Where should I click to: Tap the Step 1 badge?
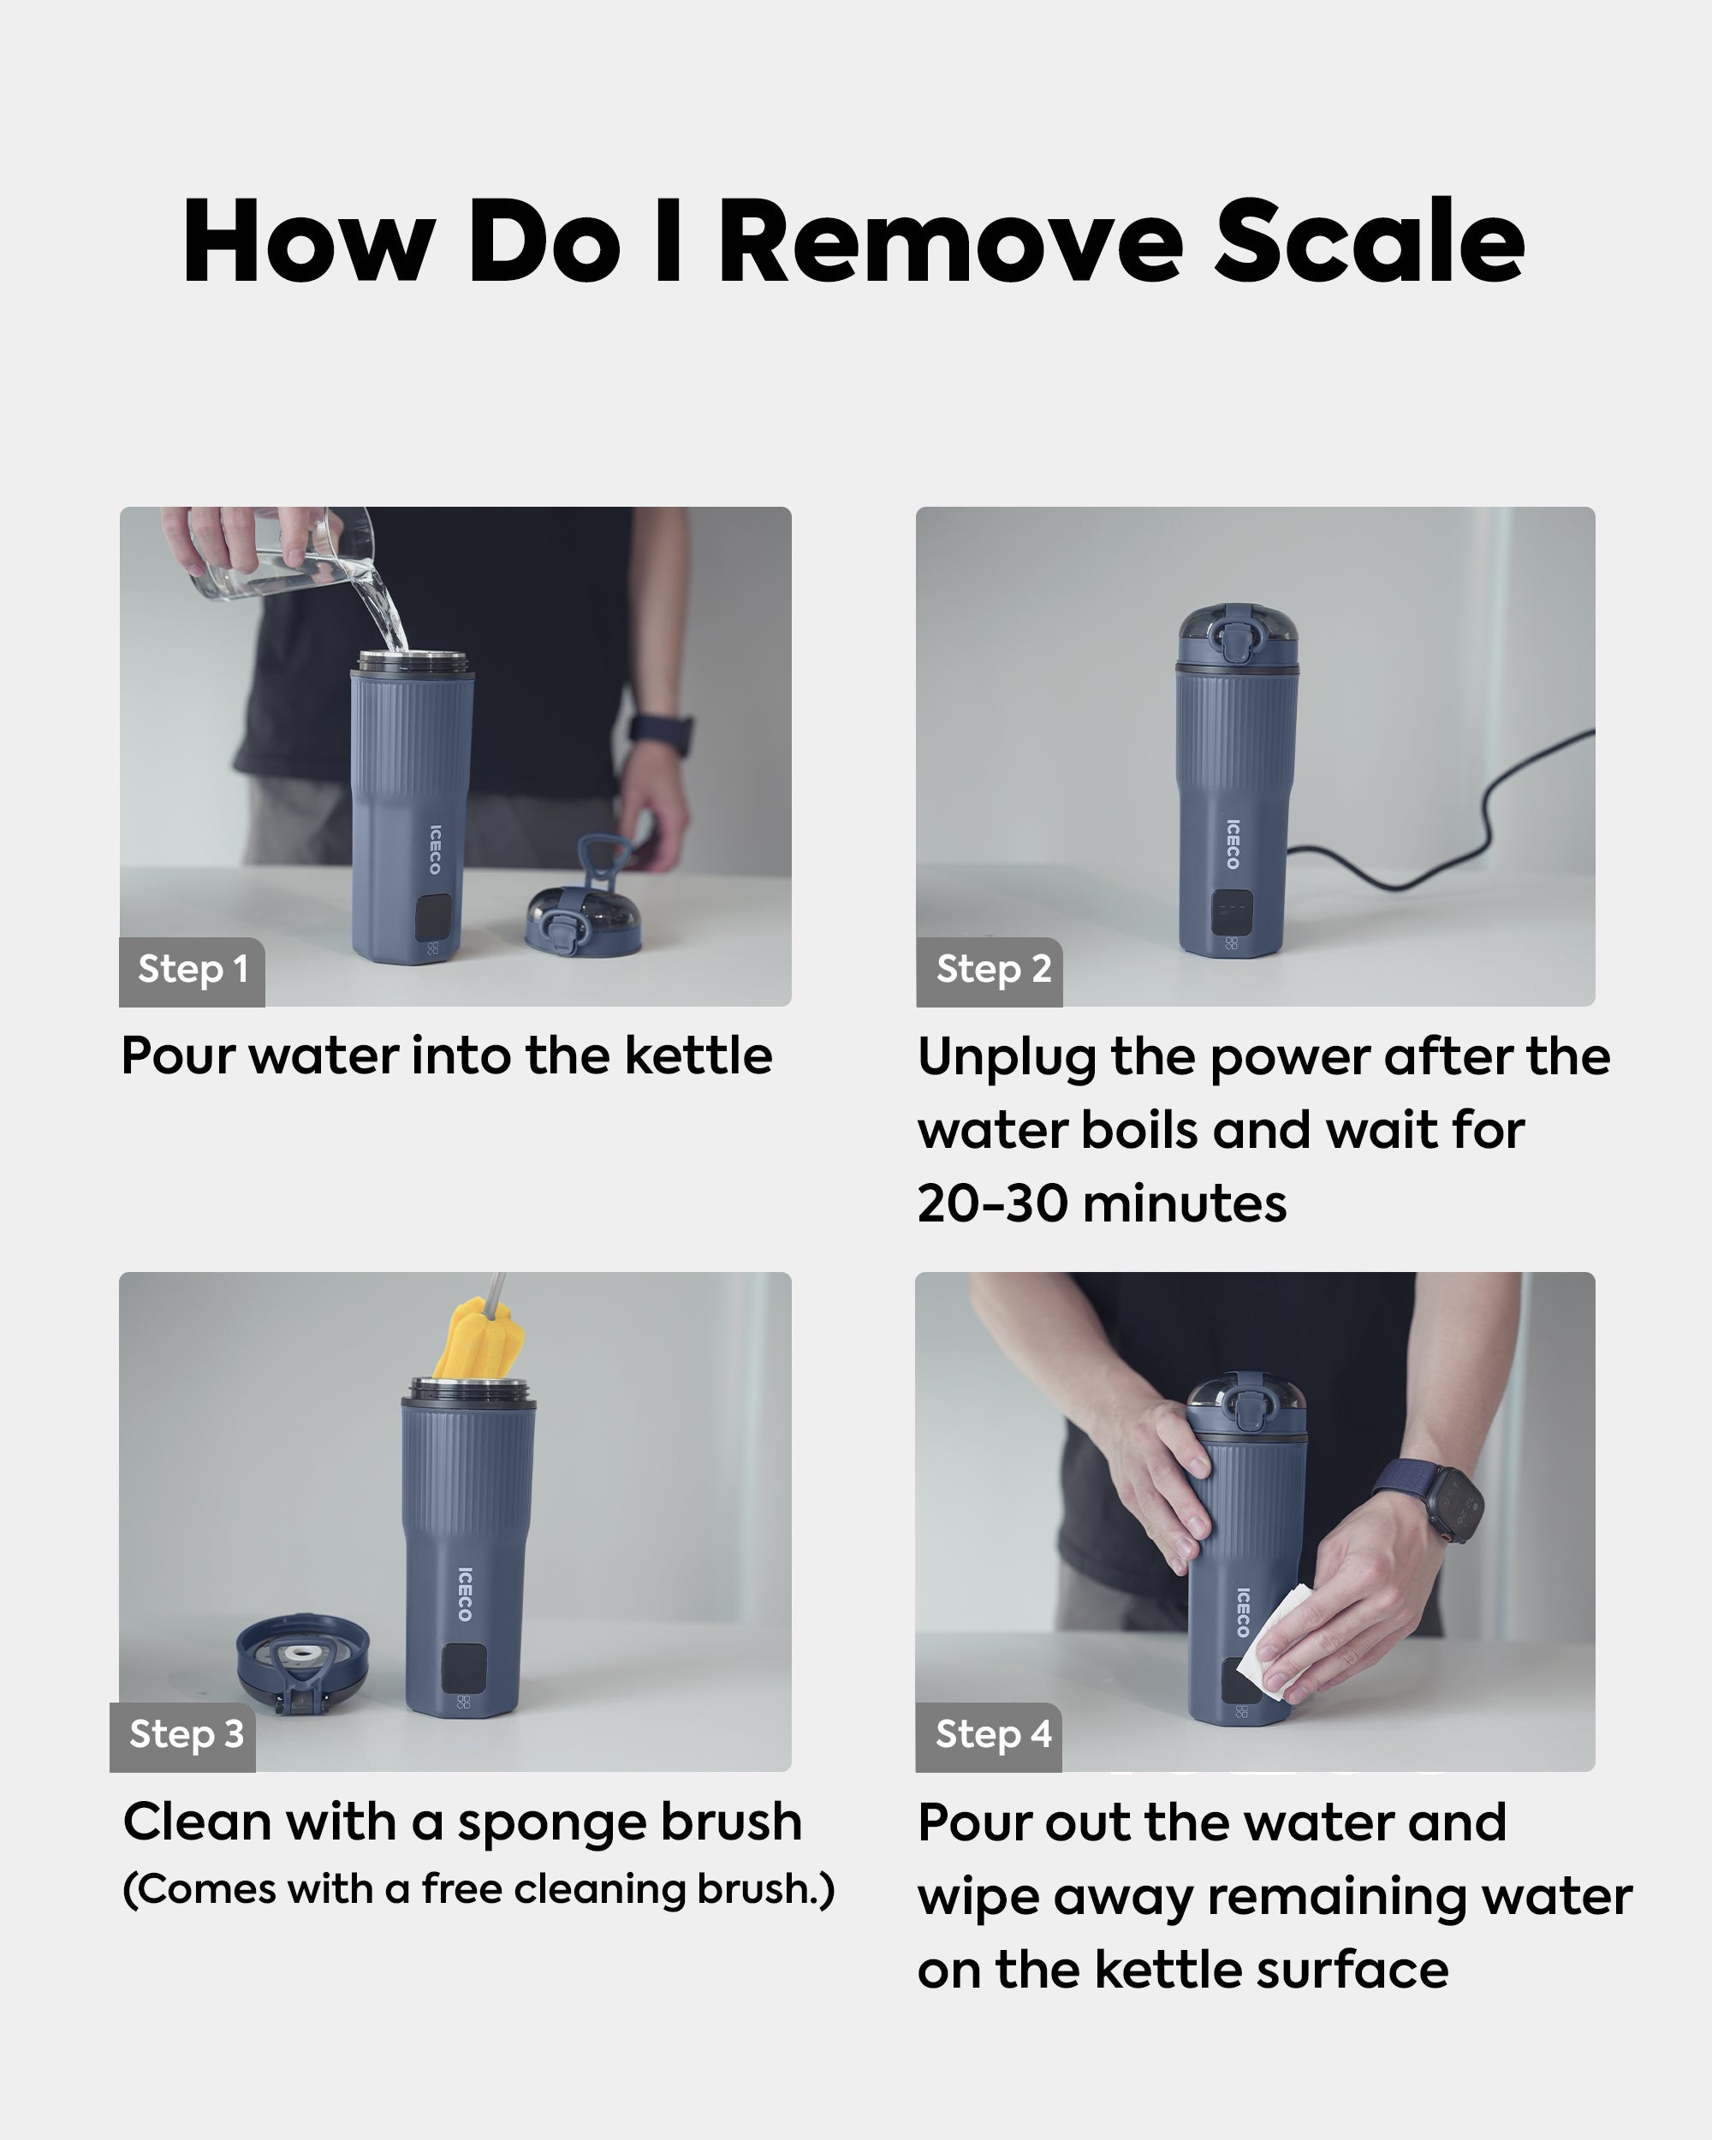coord(192,971)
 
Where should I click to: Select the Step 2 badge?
coord(990,971)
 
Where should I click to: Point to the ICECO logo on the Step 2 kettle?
coord(1233,844)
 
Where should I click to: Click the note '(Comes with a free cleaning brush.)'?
coord(479,1889)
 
